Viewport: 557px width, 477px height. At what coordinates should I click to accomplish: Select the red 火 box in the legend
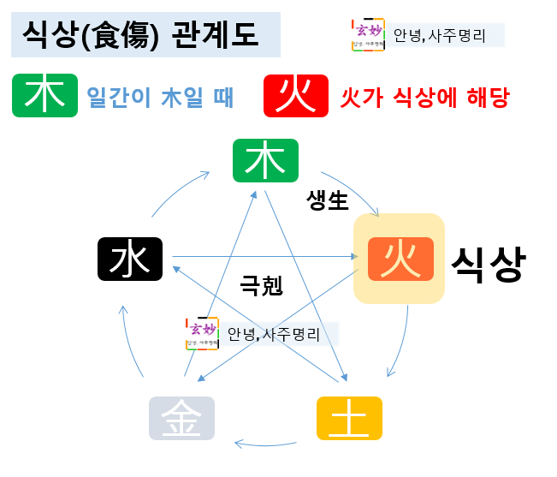[x=298, y=95]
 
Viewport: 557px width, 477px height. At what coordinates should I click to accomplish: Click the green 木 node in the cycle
[x=265, y=160]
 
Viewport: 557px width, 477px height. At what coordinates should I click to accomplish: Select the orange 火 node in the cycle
[x=400, y=259]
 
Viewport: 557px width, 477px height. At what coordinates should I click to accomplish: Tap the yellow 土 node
[x=348, y=419]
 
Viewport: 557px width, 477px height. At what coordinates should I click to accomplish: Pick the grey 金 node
[x=181, y=419]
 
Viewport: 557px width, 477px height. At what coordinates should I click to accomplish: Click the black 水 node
[x=130, y=259]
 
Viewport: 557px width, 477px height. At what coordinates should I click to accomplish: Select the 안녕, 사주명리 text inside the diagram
[x=274, y=333]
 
